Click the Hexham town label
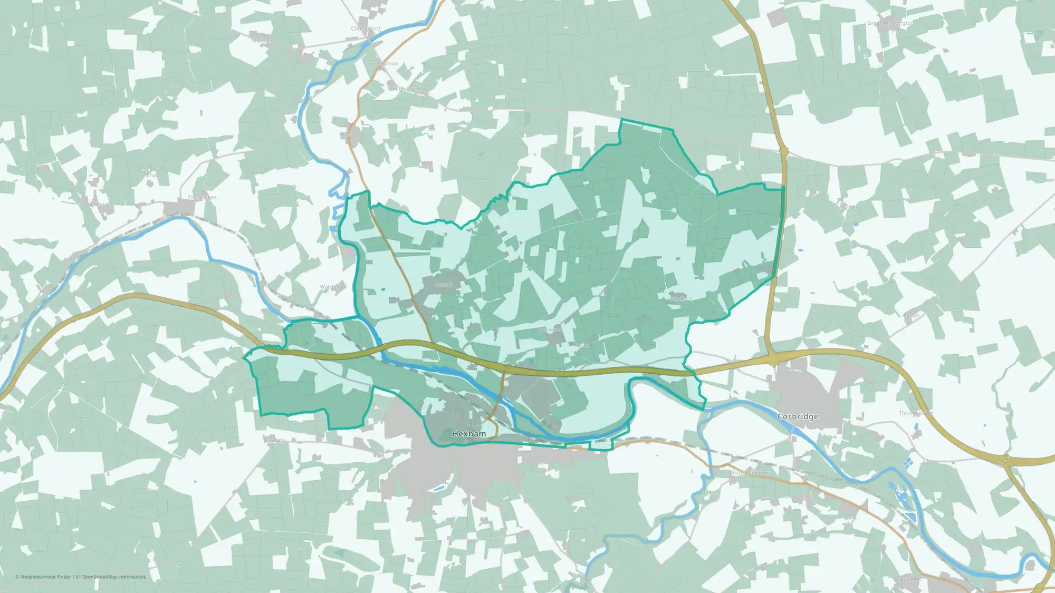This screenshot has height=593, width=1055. tap(469, 434)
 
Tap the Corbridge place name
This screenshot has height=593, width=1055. tap(798, 416)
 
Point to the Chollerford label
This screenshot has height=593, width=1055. tap(366, 29)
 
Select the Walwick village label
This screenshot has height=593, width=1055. tap(262, 40)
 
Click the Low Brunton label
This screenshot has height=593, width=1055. tap(381, 64)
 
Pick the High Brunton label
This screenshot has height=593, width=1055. tap(411, 89)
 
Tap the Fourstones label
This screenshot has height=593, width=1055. tap(202, 198)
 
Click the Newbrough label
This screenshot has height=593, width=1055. tap(97, 204)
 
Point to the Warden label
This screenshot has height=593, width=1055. tap(329, 287)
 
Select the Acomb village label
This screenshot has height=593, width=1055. tap(444, 285)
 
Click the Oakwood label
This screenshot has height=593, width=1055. tap(552, 329)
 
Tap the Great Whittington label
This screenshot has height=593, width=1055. tap(890, 23)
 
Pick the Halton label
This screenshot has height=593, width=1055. tap(848, 207)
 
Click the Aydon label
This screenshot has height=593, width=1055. tap(911, 316)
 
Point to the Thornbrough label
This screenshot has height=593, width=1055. tap(915, 413)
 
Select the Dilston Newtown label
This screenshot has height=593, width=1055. tap(749, 473)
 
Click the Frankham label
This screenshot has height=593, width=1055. tap(148, 175)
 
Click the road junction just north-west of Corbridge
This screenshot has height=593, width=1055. tap(773, 360)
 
